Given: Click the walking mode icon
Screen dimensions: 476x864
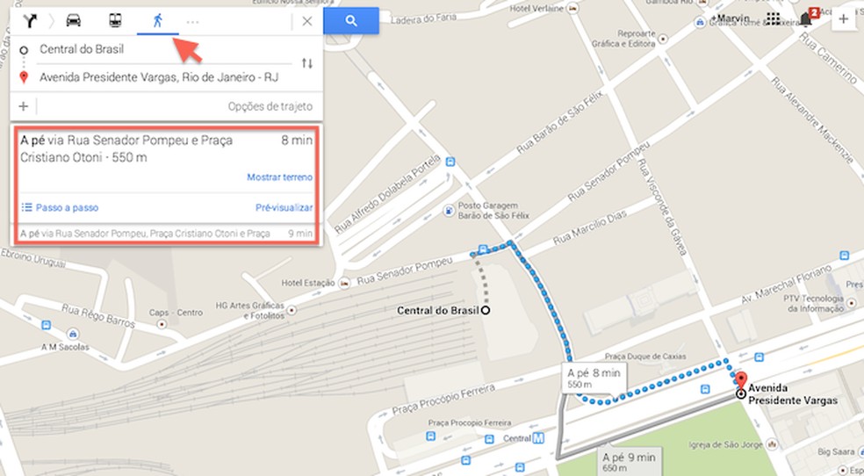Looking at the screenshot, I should tap(157, 21).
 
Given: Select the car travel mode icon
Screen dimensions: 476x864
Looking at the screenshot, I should tap(74, 21).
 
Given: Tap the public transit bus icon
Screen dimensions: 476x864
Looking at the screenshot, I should tap(115, 21).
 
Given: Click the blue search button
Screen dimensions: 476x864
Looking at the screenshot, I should tap(350, 21).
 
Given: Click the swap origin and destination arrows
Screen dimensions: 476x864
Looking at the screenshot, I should tap(306, 63).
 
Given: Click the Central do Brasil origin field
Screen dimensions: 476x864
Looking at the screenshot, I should tap(82, 49).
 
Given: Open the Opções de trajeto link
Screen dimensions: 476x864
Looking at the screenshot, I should tap(270, 107).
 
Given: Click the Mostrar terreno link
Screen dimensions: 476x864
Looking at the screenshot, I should tap(279, 177).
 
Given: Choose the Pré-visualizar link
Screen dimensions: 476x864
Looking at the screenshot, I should tap(284, 208).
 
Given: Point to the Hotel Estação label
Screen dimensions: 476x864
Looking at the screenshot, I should tap(307, 283).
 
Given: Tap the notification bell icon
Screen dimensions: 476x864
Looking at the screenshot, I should tap(805, 19).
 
